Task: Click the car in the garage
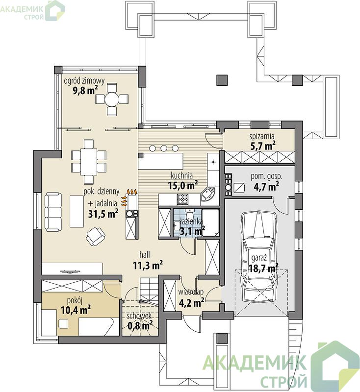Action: point(259,256)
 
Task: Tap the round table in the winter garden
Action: point(112,100)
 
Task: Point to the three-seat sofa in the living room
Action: point(53,212)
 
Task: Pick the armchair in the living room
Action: point(95,236)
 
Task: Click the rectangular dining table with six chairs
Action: point(89,162)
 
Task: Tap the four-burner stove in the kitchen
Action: point(182,199)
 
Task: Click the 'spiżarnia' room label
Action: point(262,136)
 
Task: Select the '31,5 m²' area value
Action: point(103,214)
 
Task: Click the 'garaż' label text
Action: point(258,258)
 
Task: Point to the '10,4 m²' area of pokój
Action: point(76,310)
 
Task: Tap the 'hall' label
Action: point(145,254)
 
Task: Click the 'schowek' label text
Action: point(139,316)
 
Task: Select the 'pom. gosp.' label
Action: point(266,176)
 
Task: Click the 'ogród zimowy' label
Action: point(84,81)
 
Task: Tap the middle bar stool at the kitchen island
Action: point(164,148)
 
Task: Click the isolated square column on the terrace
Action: point(222,80)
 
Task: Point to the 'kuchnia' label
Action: point(181,175)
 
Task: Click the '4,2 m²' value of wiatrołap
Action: point(191,303)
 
